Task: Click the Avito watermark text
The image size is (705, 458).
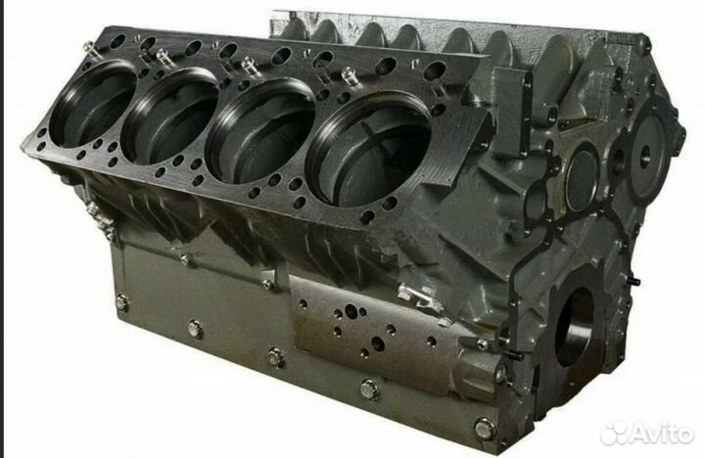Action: (661, 434)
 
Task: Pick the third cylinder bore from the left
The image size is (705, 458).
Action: (260, 131)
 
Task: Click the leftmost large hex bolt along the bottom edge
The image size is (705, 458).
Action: (121, 302)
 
